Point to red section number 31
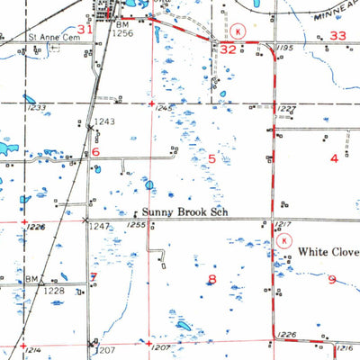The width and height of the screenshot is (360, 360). tap(85, 30)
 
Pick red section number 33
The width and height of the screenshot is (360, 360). tap(337, 36)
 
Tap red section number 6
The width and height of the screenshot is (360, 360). tap(94, 152)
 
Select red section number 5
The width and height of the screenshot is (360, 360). tap(212, 159)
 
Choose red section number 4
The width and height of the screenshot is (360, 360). tap(335, 159)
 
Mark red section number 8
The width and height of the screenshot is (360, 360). tap(212, 279)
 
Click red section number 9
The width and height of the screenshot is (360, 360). tap(331, 280)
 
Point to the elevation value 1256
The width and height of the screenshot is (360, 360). tap(123, 32)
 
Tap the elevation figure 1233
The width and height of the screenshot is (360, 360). tap(36, 109)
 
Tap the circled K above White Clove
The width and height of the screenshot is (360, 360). tap(283, 241)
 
